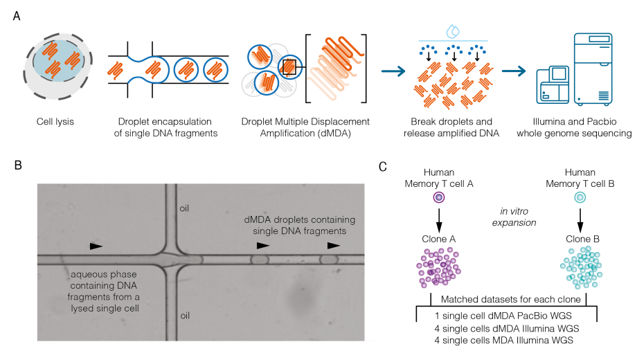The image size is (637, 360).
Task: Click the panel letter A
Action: [x=16, y=15]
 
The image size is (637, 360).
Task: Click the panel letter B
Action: [x=16, y=166]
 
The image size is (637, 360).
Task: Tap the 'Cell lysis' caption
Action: [x=55, y=123]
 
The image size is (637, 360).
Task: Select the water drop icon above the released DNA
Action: [x=454, y=30]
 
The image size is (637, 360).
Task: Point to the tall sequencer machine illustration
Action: [x=595, y=69]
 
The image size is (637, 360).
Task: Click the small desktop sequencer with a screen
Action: [x=554, y=84]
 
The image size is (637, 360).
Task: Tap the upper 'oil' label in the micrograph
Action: [x=185, y=208]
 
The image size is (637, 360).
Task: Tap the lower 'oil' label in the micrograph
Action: [x=185, y=314]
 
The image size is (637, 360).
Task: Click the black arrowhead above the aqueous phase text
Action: [x=96, y=246]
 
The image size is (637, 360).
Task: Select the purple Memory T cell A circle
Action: [x=438, y=197]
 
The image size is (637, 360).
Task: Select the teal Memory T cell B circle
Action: [x=580, y=197]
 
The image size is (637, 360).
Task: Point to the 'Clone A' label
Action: [x=438, y=239]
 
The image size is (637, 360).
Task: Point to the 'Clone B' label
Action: [x=580, y=239]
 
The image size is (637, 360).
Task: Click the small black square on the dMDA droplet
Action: [x=289, y=67]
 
